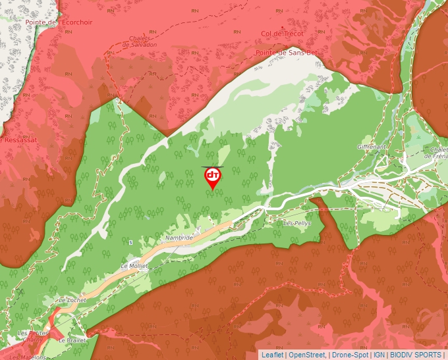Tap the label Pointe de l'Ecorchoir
pyautogui.click(x=59, y=22)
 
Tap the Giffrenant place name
pyautogui.click(x=372, y=146)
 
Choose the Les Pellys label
pyautogui.click(x=297, y=223)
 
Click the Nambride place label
pyautogui.click(x=179, y=237)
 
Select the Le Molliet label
pyautogui.click(x=134, y=266)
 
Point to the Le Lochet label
pyautogui.click(x=72, y=299)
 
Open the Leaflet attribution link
pyautogui.click(x=272, y=355)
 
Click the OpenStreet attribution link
pyautogui.click(x=307, y=355)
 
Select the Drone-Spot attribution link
pyautogui.click(x=350, y=355)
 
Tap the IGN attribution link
pyautogui.click(x=379, y=355)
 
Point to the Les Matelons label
pyautogui.click(x=28, y=357)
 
